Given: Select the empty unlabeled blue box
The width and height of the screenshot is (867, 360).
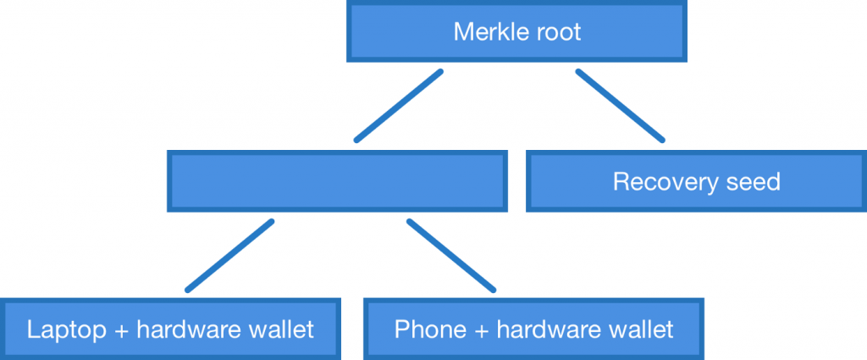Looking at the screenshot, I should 338,180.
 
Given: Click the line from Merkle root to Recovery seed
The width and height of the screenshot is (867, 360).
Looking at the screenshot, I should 621,105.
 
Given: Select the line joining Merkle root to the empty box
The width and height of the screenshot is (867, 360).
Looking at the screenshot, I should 398,105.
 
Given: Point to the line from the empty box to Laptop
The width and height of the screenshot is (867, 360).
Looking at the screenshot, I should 229,255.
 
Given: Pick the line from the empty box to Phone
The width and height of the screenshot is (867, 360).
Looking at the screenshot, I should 450,255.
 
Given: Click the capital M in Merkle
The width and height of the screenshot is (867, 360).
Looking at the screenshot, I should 462,32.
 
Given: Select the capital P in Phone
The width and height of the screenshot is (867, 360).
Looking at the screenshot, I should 401,329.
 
